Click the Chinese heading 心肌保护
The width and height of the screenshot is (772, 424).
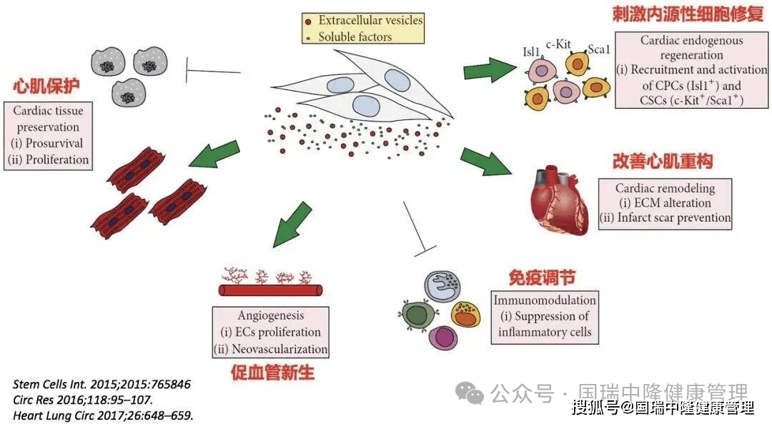(46, 87)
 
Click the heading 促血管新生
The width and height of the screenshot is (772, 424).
(272, 372)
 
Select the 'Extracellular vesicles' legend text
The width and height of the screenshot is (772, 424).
(370, 20)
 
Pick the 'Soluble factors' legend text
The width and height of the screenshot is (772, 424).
(355, 36)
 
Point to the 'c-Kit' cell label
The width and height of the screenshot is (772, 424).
(560, 44)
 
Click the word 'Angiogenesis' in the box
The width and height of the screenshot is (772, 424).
(270, 315)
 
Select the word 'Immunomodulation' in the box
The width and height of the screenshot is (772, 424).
(545, 300)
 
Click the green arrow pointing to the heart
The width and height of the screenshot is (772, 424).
(486, 162)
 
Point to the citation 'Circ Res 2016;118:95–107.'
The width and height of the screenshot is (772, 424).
(83, 399)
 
